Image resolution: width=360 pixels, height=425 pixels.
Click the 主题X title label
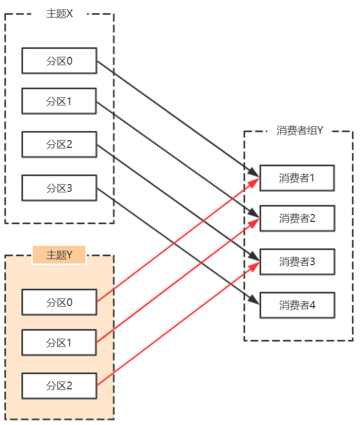coord(59,13)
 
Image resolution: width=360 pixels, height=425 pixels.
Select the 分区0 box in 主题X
coord(59,60)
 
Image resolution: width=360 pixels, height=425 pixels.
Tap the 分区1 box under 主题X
coord(59,101)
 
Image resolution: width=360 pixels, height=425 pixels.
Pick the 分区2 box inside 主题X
coord(59,144)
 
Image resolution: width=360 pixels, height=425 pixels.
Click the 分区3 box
coord(59,188)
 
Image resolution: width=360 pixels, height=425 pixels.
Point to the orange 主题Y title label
coord(59,255)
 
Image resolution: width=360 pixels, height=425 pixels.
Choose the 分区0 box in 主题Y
coord(59,302)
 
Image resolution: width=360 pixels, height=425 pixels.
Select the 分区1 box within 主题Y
coord(59,343)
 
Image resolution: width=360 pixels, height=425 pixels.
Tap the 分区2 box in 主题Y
coord(59,386)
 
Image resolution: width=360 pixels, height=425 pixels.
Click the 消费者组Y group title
coord(300,130)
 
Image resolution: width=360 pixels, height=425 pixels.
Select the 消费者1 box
coord(297,178)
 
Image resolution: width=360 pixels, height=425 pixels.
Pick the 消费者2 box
coord(297,219)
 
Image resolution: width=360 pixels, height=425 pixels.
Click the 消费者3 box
coord(297,262)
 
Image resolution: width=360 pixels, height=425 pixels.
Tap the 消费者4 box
coord(297,305)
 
